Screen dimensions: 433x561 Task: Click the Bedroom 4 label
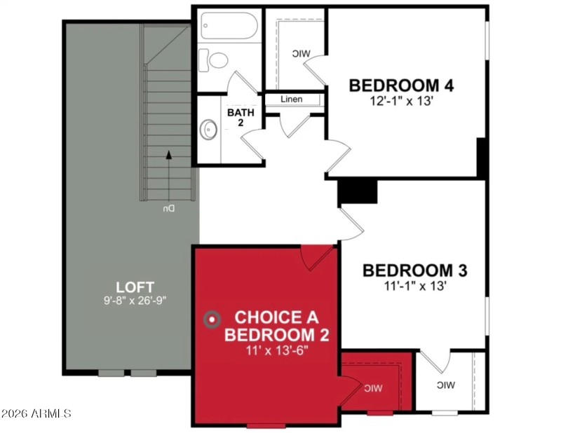[x=402, y=85]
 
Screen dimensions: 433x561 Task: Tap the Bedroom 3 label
[x=414, y=270]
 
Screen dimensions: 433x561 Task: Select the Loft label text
[x=135, y=286]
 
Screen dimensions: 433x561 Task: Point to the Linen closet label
[x=292, y=99]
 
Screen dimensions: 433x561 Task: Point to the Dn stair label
[x=168, y=209]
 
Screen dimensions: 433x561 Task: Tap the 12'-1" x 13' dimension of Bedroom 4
[x=402, y=101]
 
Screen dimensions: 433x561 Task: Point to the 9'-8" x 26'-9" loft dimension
[x=135, y=300]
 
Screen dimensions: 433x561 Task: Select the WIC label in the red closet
[x=372, y=387]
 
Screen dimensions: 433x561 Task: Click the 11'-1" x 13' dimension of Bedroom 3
[x=414, y=285]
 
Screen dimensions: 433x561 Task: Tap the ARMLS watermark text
[x=36, y=413]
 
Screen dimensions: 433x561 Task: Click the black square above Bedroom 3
[x=358, y=191]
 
